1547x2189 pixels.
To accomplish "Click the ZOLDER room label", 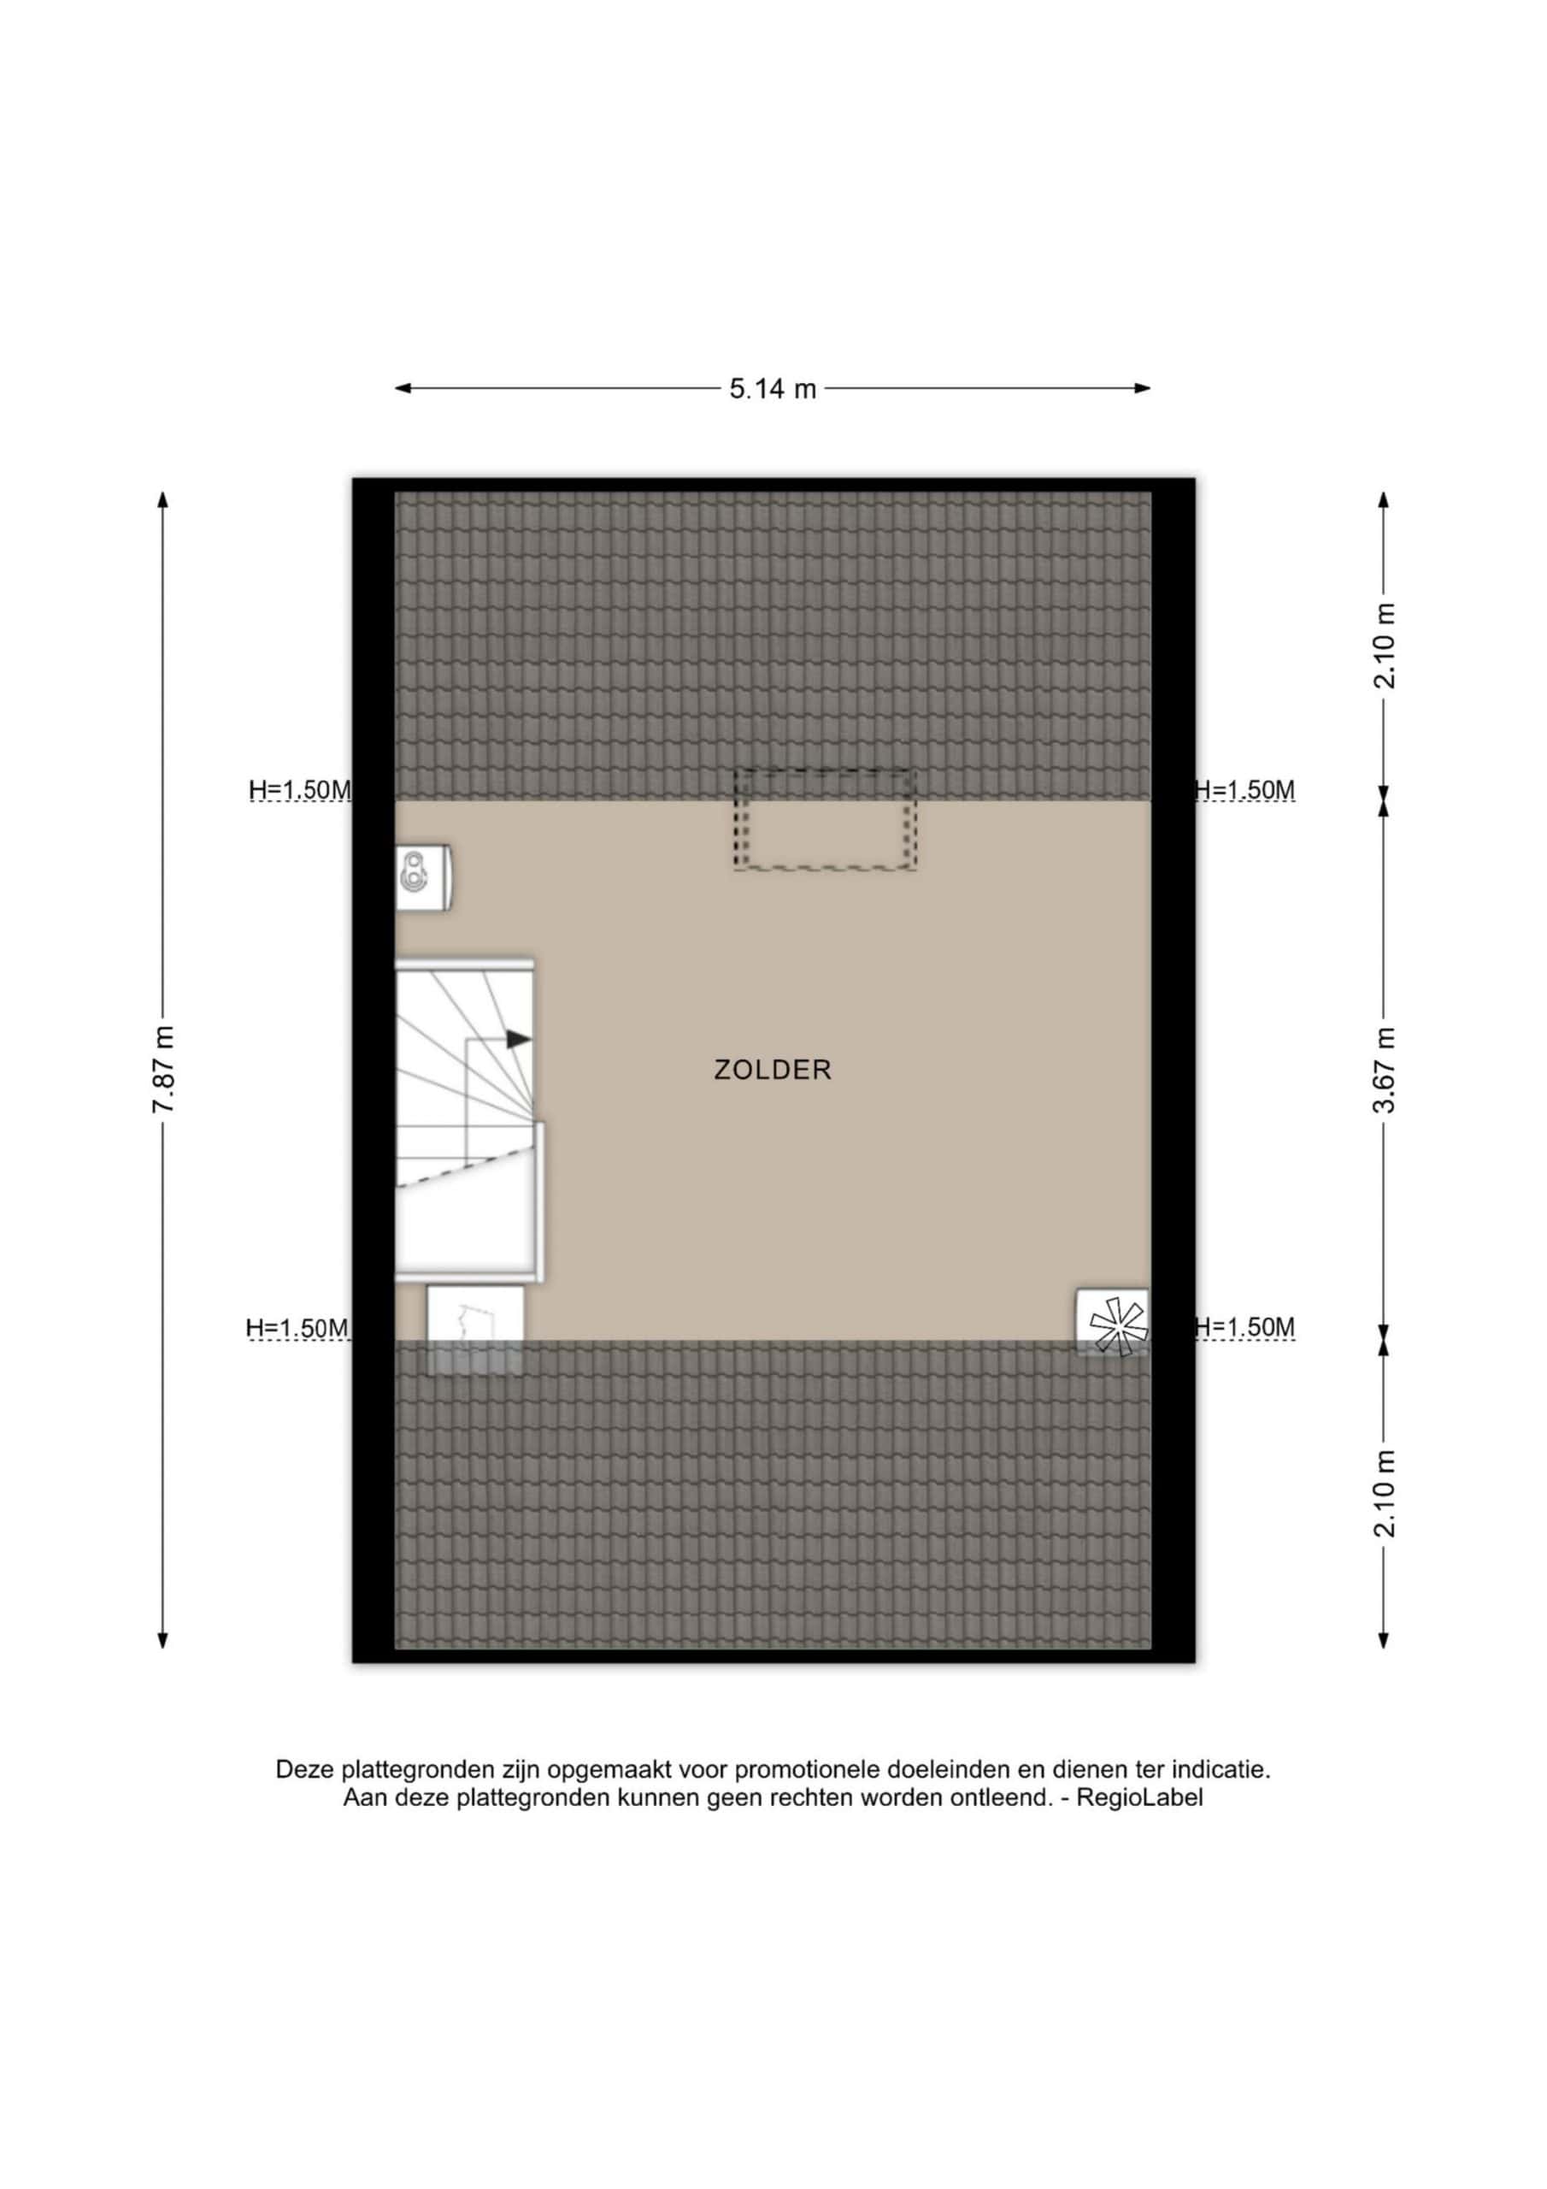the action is (x=773, y=1070).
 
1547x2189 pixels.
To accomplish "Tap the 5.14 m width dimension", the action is (x=773, y=388).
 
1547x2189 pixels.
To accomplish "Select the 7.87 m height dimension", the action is (x=163, y=1070).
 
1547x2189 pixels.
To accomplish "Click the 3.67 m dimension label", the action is (x=1383, y=1070).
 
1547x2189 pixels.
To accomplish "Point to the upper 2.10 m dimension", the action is (x=1383, y=646).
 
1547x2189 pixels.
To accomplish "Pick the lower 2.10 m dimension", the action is (x=1383, y=1494).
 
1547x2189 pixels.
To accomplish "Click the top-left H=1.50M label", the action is (x=299, y=790).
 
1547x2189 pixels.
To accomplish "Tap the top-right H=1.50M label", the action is (x=1244, y=790).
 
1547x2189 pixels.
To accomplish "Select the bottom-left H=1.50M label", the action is (x=297, y=1328).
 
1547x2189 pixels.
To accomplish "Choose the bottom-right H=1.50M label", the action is (x=1244, y=1327).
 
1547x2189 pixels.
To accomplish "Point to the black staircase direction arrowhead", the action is (x=519, y=1038).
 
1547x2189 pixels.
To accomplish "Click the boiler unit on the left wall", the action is (x=422, y=877).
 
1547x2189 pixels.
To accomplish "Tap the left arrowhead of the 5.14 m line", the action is (x=403, y=388).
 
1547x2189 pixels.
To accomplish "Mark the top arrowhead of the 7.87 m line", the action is (x=163, y=500).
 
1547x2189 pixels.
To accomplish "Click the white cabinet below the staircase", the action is (x=474, y=1329).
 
